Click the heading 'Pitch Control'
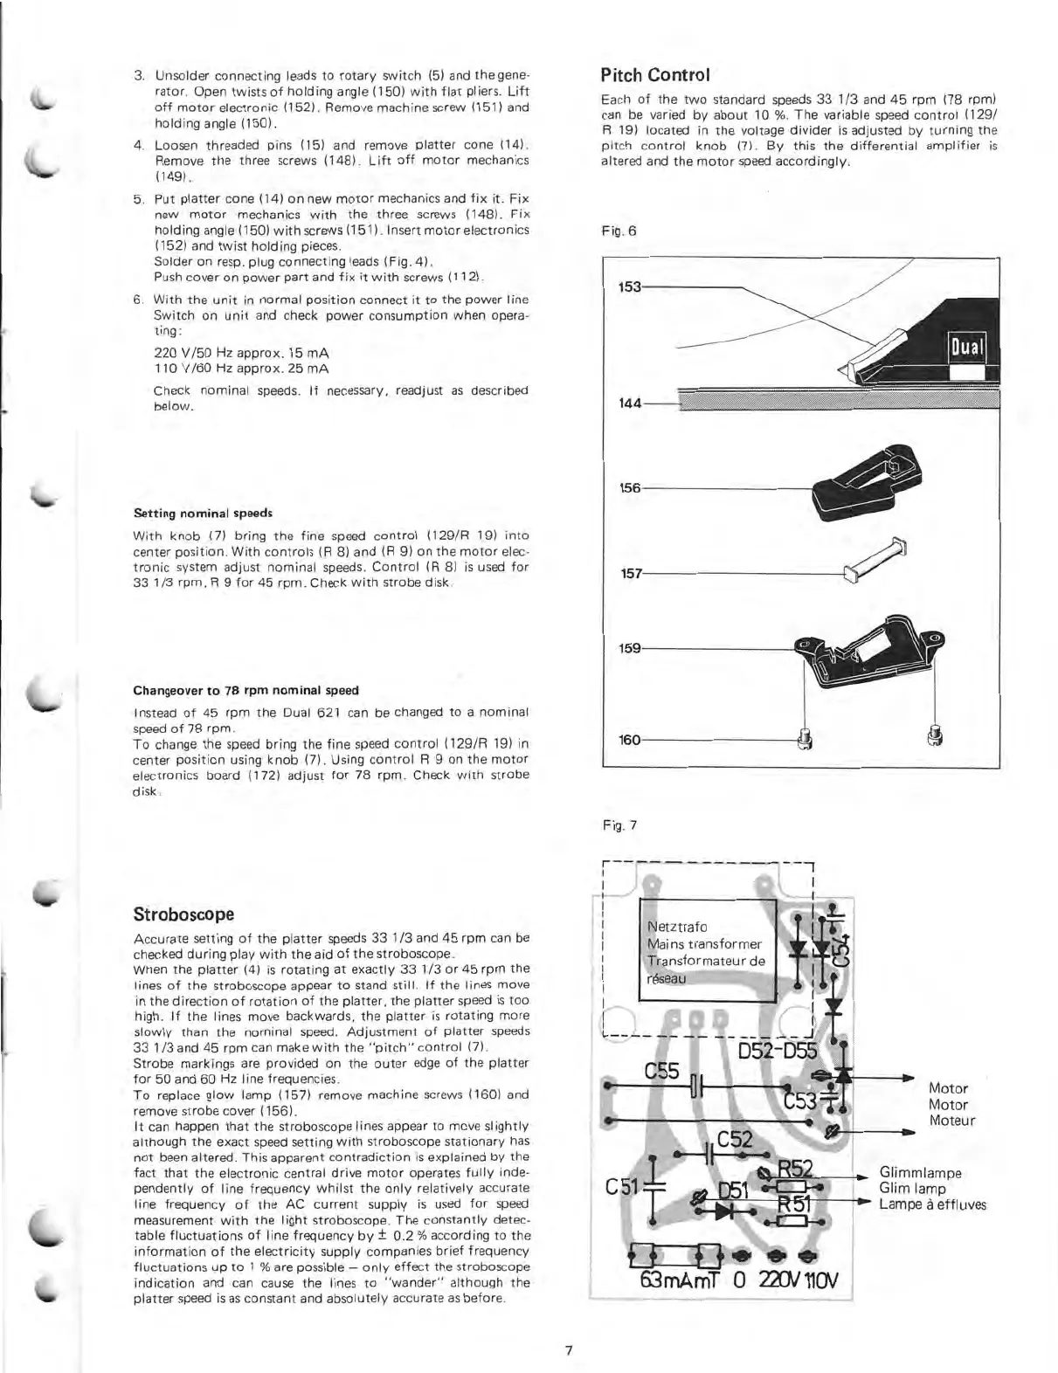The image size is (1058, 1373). [655, 74]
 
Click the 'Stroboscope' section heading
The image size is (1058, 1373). [183, 914]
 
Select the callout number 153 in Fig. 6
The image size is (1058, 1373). [630, 286]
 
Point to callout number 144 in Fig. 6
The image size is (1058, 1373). [630, 404]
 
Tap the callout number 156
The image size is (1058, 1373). [630, 488]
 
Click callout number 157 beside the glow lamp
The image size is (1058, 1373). [630, 574]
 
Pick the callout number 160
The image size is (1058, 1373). [630, 741]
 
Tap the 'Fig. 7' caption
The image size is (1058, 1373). [620, 824]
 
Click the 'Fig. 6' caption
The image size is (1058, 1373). [619, 231]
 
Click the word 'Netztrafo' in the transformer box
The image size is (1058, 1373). [677, 927]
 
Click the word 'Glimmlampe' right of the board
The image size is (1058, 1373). [920, 1173]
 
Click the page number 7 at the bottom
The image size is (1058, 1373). [568, 1350]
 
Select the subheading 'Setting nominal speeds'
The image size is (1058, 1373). [203, 513]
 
